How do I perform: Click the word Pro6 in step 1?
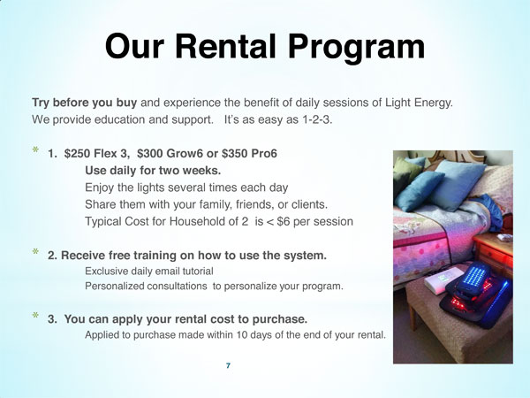(x=263, y=153)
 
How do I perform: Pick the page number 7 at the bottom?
(x=228, y=364)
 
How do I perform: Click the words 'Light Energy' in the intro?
(x=419, y=103)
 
